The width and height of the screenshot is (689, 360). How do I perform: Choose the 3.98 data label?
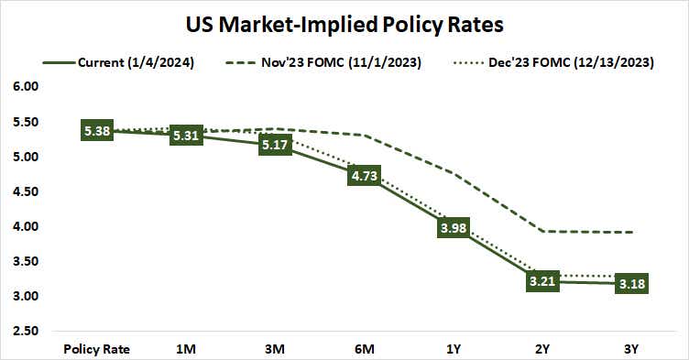click(454, 228)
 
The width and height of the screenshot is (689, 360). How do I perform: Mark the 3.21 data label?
click(542, 282)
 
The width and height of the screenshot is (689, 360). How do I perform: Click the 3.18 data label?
click(631, 284)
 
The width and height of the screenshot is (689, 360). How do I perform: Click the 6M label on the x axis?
click(364, 348)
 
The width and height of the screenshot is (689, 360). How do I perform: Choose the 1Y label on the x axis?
click(454, 348)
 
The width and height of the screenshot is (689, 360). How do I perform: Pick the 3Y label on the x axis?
click(631, 348)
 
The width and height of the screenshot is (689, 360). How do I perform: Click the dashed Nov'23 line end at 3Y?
click(631, 232)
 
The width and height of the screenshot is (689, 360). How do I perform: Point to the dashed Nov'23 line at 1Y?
click(454, 172)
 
